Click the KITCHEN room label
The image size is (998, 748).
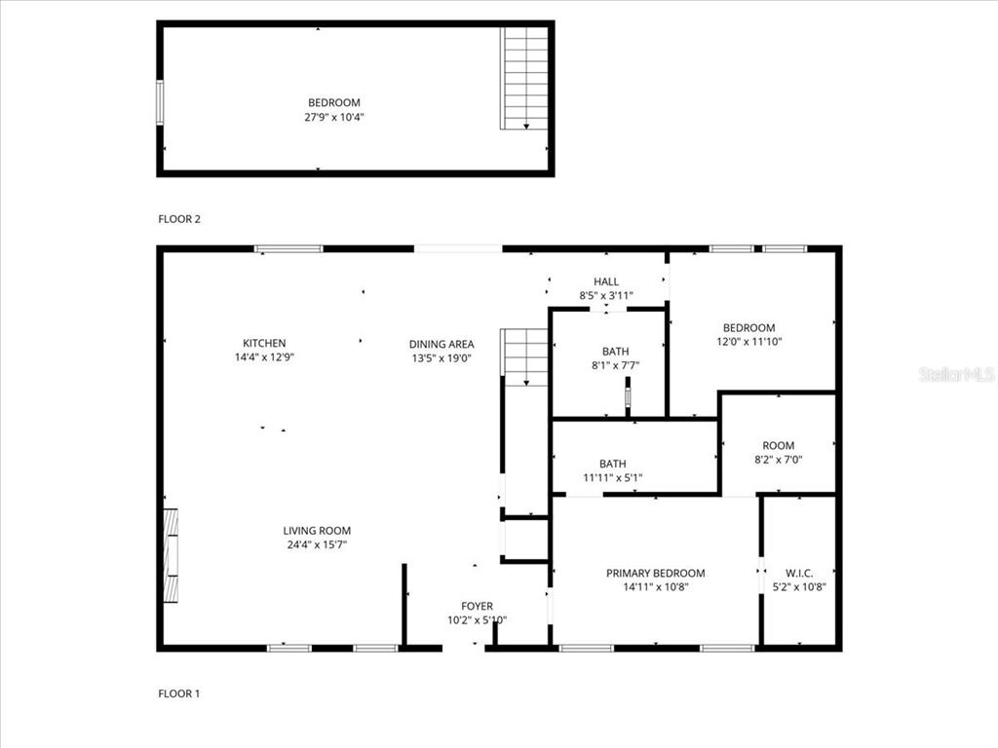pos(264,343)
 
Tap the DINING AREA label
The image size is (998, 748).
pos(441,344)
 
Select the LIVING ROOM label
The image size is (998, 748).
pos(317,531)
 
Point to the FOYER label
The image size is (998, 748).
pos(477,606)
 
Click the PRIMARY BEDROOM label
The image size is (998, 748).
pos(656,573)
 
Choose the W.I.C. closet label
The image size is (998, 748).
pos(799,573)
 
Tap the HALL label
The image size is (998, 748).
pos(606,281)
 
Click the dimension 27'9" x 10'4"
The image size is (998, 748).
pos(334,117)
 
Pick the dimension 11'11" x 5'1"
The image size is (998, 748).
pos(612,477)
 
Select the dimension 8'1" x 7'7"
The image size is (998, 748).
pos(616,365)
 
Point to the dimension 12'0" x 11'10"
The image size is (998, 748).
pos(749,342)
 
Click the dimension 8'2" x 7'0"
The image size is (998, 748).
pos(779,460)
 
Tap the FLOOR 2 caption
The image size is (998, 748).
pos(179,219)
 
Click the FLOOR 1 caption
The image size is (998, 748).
pos(179,693)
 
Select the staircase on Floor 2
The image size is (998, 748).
pos(524,78)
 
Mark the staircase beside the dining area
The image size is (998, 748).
pos(524,357)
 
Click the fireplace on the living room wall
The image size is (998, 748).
pos(171,555)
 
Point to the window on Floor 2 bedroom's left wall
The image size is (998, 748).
pos(160,102)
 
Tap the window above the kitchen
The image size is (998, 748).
pos(288,248)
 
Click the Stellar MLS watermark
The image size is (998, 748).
pos(957,374)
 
